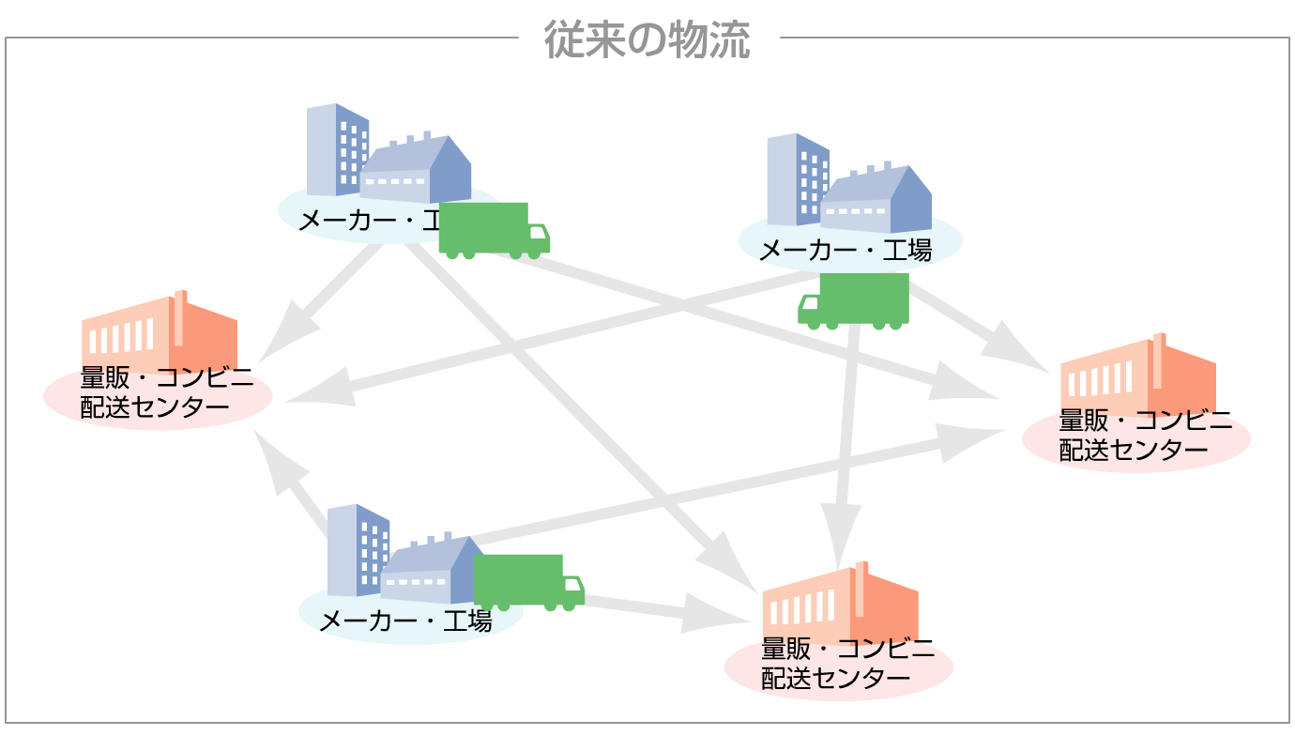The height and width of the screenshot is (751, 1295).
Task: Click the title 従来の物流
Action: (x=647, y=39)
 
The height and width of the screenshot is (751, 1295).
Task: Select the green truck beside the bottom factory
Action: (x=527, y=582)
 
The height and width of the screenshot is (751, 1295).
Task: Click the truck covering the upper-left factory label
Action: (x=493, y=229)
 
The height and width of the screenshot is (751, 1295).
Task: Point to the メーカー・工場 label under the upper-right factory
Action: (x=844, y=251)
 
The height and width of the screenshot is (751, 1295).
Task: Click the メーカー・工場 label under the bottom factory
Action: (x=404, y=621)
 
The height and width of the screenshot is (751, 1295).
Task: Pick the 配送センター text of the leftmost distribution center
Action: (x=155, y=406)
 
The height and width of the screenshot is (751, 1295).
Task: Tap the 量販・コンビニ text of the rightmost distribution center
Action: (x=1145, y=421)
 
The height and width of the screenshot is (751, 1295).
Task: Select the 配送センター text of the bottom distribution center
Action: (x=835, y=678)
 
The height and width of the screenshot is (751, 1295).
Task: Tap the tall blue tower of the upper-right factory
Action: (x=797, y=179)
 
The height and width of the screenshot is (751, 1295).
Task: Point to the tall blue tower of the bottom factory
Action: (x=357, y=550)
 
